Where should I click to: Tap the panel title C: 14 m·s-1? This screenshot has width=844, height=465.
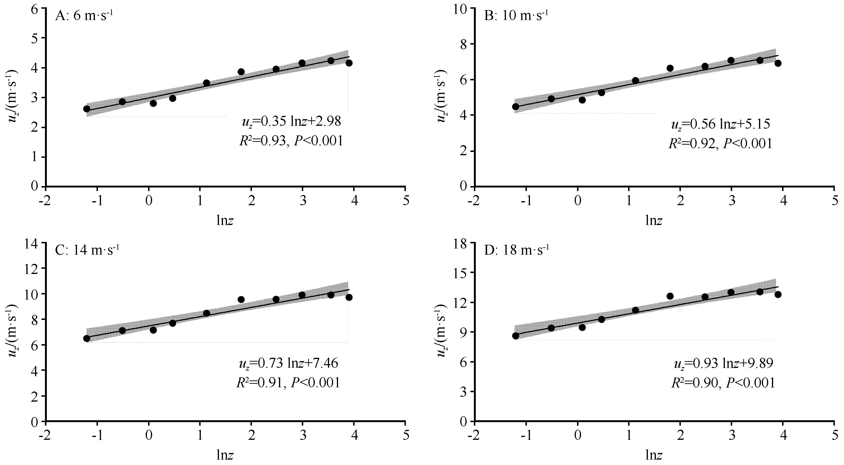[x=87, y=250]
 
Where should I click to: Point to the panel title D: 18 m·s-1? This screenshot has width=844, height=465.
[x=516, y=250]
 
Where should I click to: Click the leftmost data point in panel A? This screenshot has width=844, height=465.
[x=87, y=109]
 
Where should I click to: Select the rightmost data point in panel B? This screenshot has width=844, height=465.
[x=778, y=63]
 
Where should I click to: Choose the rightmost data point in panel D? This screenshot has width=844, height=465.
[x=778, y=294]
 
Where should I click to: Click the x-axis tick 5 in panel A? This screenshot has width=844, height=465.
[x=406, y=201]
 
